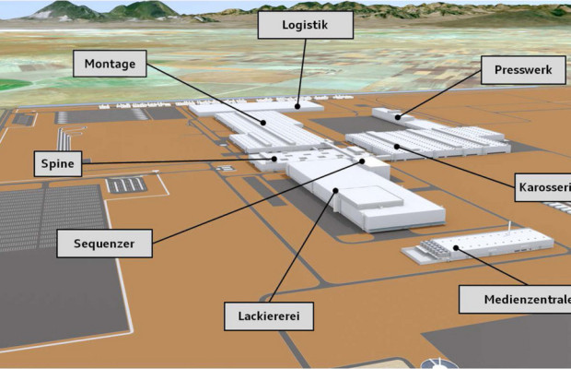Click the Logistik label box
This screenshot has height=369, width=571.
tap(306, 25)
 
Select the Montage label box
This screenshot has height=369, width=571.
tap(110, 64)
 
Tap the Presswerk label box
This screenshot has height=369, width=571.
tap(523, 70)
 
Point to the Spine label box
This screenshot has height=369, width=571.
tap(58, 163)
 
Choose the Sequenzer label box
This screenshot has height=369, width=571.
tap(104, 244)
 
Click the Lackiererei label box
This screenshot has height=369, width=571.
tap(269, 316)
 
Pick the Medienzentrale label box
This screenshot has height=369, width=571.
tap(515, 300)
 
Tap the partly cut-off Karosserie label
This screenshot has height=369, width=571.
tap(542, 187)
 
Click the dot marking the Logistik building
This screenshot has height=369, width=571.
tap(297, 106)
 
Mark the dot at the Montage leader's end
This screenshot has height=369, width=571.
tap(263, 123)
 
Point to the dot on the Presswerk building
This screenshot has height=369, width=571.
tap(398, 117)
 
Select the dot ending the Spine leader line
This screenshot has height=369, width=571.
tap(274, 159)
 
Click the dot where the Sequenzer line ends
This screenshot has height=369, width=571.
tap(362, 161)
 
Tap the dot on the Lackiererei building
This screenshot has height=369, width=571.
tap(335, 190)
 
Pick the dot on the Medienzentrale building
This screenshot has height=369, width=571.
tap(456, 248)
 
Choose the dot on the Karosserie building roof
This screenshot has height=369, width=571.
tap(397, 147)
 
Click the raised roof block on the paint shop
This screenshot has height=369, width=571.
tap(371, 197)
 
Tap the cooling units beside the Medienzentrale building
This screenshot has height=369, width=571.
tap(434, 249)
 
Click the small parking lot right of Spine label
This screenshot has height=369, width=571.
tap(126, 184)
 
